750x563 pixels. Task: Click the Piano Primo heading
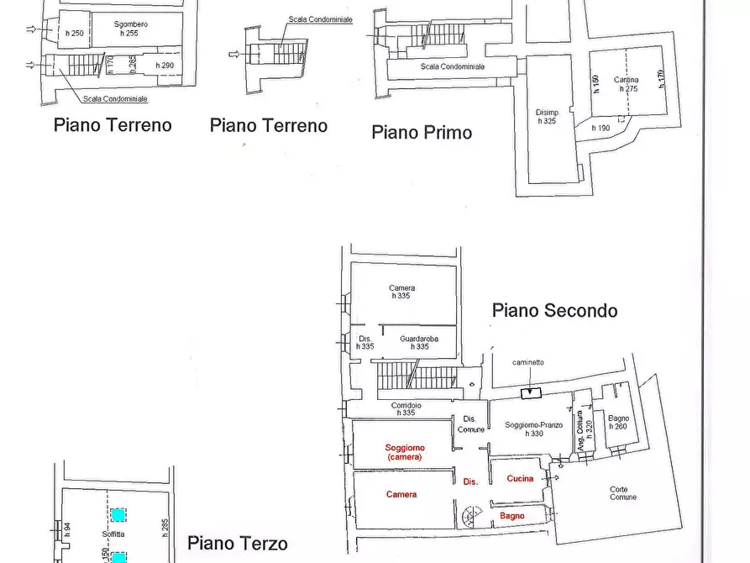coord(422,132)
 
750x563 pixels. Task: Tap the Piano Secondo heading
coord(554,310)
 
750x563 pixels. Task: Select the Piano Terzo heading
coord(237,544)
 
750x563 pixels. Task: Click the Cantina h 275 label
coord(626,84)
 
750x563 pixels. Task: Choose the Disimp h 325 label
coord(547,117)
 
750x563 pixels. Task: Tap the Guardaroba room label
coord(420,342)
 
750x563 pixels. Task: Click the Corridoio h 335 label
coord(406,409)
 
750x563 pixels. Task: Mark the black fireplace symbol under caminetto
coord(532,392)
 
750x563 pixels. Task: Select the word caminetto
coord(528,362)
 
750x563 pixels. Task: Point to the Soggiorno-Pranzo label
coord(534,429)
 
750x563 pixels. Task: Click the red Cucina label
coord(520,478)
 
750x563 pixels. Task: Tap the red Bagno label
coord(512,516)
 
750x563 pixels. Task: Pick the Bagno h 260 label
coord(618,422)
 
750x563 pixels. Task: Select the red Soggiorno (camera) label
coord(405,452)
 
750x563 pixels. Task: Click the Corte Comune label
coord(623,493)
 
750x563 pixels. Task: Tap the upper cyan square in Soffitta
coord(119,514)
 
